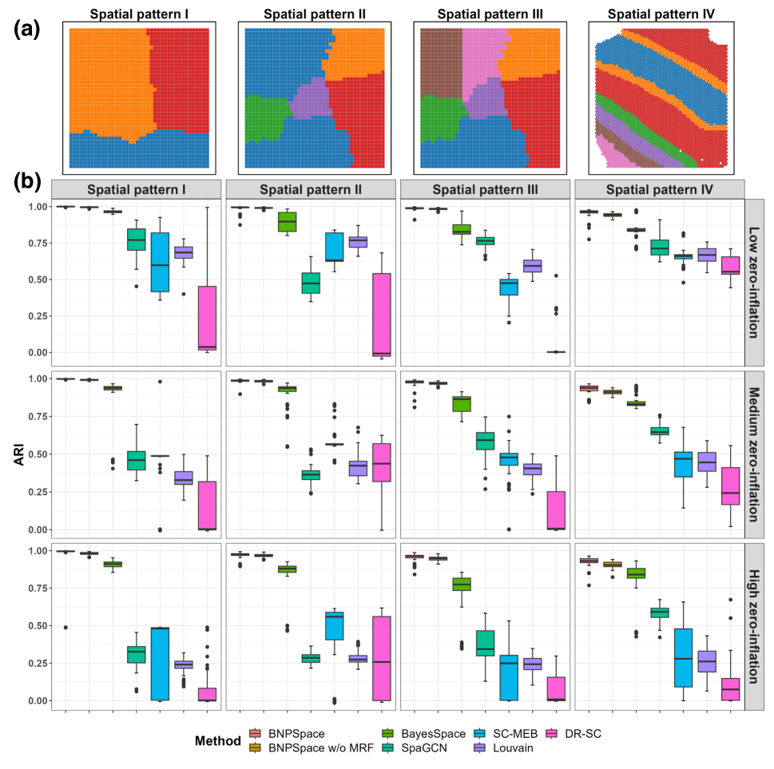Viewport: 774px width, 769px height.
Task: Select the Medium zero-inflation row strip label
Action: pos(755,453)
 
